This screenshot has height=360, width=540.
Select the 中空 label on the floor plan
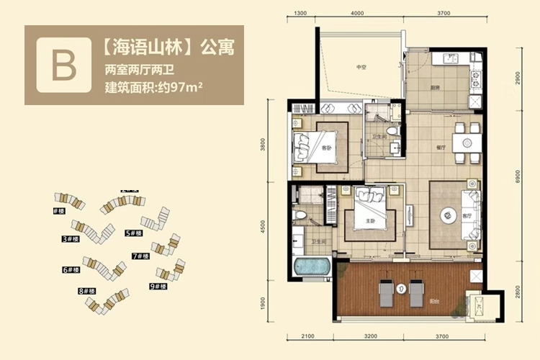[361, 68]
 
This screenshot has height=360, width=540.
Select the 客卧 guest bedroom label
[326, 148]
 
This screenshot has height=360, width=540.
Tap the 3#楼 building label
[69, 238]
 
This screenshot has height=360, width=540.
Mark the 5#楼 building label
[133, 233]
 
